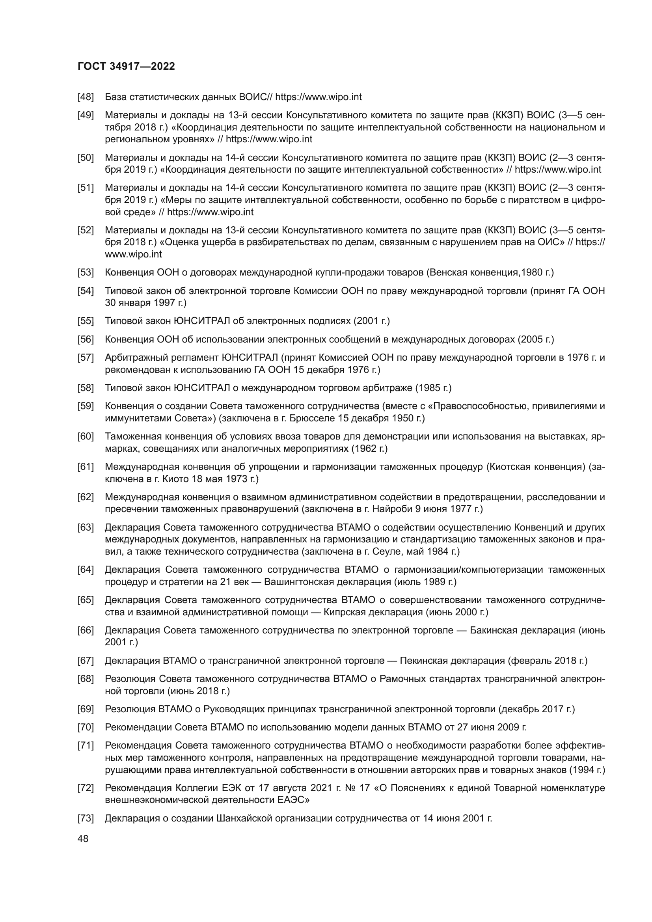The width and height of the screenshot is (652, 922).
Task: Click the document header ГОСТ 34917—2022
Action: point(126,67)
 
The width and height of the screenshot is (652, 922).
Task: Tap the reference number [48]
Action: point(86,97)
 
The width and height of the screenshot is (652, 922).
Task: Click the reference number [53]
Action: point(86,273)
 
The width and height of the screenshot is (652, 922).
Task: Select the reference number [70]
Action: point(86,727)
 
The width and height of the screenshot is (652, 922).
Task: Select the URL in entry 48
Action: point(319,97)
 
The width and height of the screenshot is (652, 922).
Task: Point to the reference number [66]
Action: point(86,630)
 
